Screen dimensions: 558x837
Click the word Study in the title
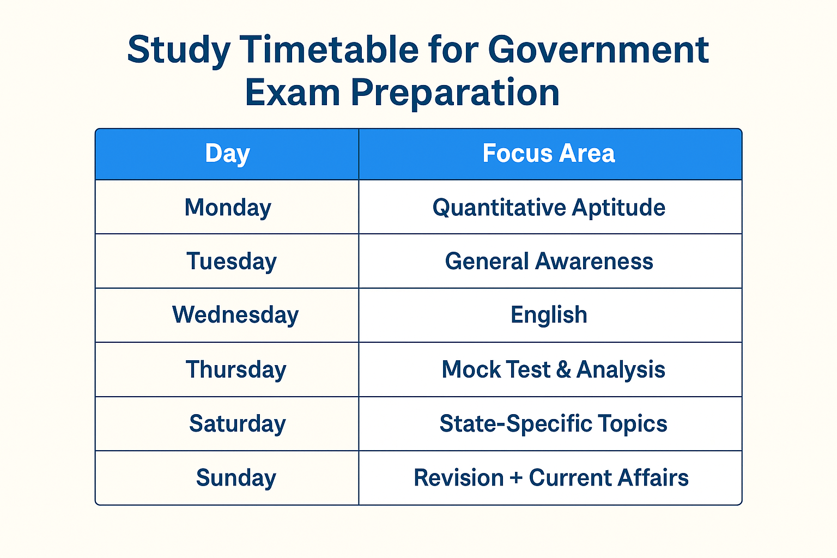click(179, 51)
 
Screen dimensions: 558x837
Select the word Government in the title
click(598, 50)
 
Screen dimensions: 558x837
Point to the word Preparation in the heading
click(455, 93)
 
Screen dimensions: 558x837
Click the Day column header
click(227, 154)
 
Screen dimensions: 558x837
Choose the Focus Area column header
click(549, 154)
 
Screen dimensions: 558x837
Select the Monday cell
click(228, 208)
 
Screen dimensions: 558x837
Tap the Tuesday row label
click(232, 261)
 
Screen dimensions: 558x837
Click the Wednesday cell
click(235, 315)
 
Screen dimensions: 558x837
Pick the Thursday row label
click(236, 369)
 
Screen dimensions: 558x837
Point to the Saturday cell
click(237, 423)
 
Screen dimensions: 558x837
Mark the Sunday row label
click(236, 478)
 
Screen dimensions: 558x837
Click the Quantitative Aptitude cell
click(549, 208)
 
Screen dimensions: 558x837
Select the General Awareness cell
click(549, 261)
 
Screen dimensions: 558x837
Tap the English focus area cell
click(549, 315)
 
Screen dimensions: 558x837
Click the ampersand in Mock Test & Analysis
click(563, 369)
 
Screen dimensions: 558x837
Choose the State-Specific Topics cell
click(553, 423)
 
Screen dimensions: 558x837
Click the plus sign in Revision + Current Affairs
click(516, 478)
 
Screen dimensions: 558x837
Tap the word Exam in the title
click(293, 93)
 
